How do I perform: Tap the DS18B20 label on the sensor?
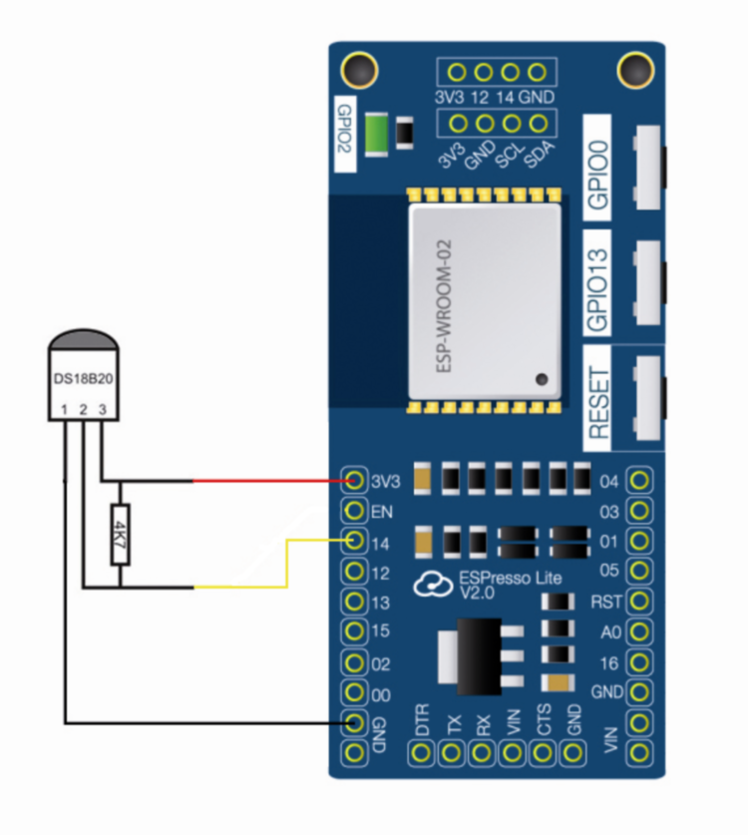click(x=83, y=380)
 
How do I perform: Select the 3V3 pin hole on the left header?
click(x=354, y=482)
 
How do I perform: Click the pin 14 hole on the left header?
click(x=354, y=542)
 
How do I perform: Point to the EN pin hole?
click(x=354, y=512)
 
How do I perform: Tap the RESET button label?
click(x=599, y=400)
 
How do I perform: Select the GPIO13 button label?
click(x=599, y=286)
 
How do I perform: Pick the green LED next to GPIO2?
click(x=377, y=132)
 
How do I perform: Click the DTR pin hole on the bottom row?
click(x=422, y=753)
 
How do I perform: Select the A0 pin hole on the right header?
click(x=639, y=631)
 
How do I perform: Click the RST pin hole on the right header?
click(x=639, y=602)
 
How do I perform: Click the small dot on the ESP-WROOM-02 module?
click(x=541, y=380)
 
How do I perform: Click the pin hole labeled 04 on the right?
click(x=639, y=482)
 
